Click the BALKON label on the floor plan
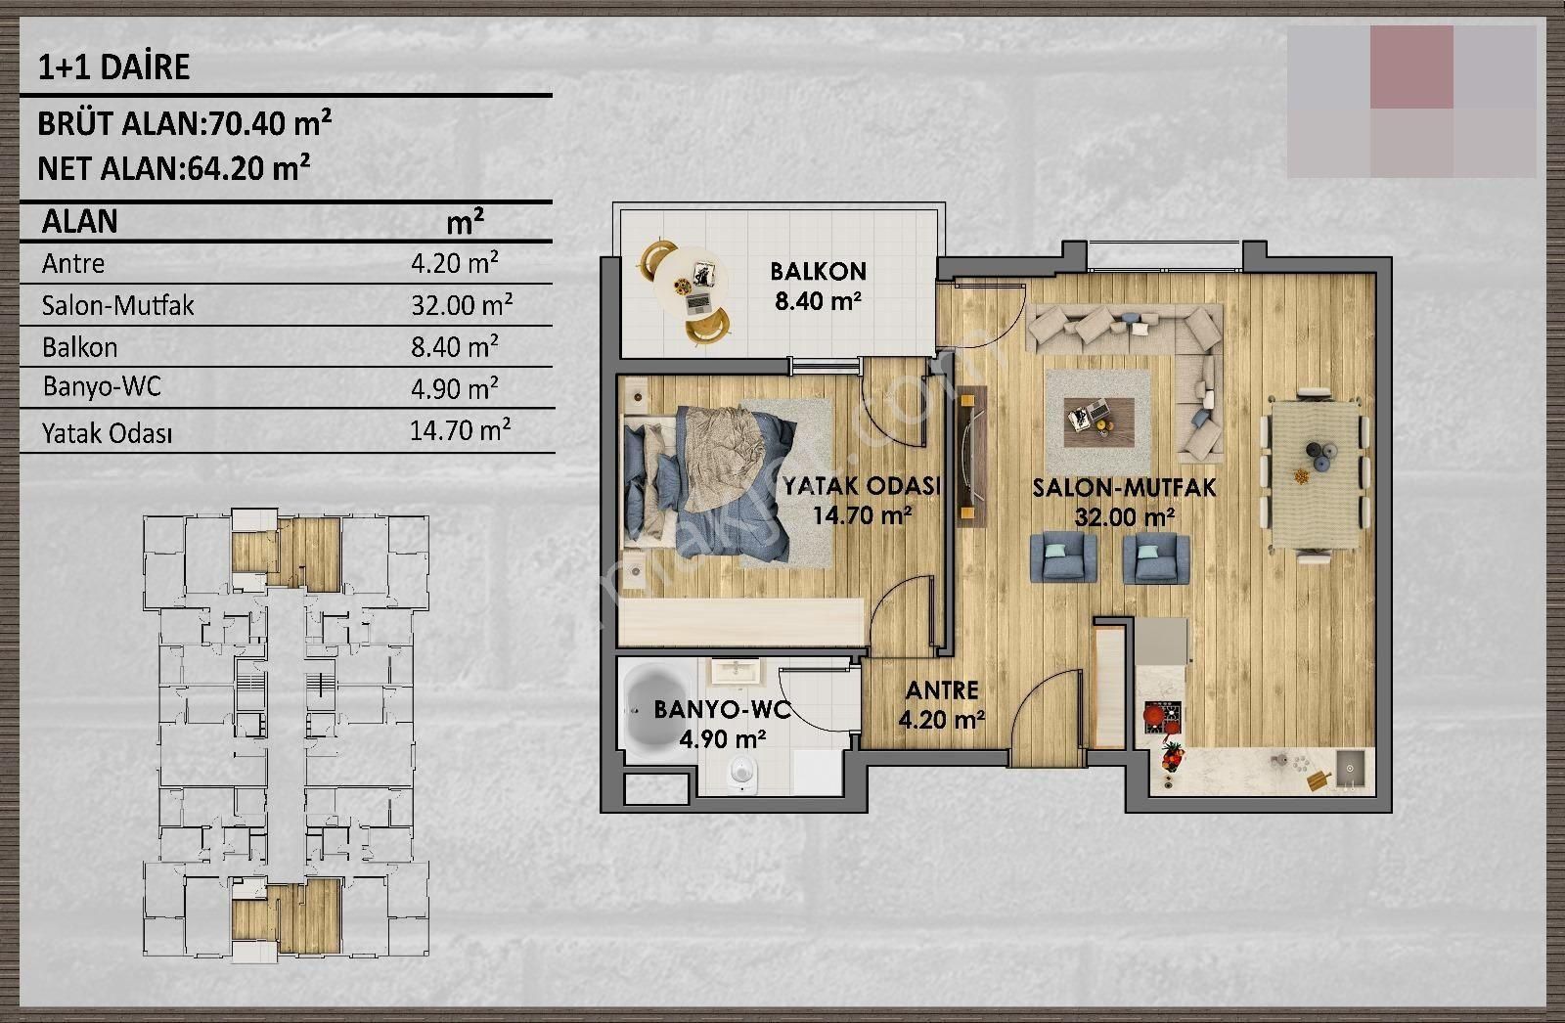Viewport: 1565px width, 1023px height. click(818, 271)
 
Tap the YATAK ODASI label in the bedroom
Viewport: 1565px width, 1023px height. click(862, 486)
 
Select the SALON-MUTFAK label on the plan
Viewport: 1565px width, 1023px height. click(1124, 488)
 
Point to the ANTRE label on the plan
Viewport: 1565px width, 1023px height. click(942, 690)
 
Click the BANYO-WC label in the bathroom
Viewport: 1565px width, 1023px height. click(723, 710)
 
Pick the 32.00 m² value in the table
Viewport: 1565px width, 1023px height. click(462, 305)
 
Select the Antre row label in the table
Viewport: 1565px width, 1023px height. click(73, 263)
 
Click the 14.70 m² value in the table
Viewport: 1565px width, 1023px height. click(461, 430)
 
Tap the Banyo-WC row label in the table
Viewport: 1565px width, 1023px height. click(102, 386)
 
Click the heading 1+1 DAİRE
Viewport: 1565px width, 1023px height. click(113, 67)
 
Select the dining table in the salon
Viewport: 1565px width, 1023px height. click(1315, 473)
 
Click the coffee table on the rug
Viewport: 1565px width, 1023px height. click(1099, 422)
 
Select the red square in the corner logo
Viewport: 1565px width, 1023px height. click(1411, 67)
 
